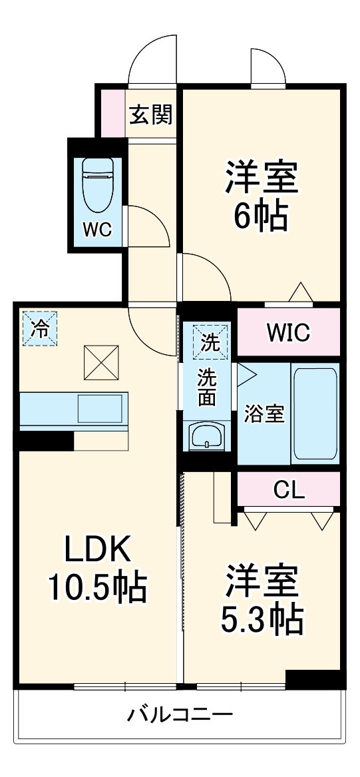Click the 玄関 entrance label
(151, 115)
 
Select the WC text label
(97, 230)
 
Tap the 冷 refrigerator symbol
(41, 329)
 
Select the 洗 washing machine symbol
(210, 343)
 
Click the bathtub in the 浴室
(315, 413)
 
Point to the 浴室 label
(264, 413)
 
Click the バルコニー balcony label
(180, 716)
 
